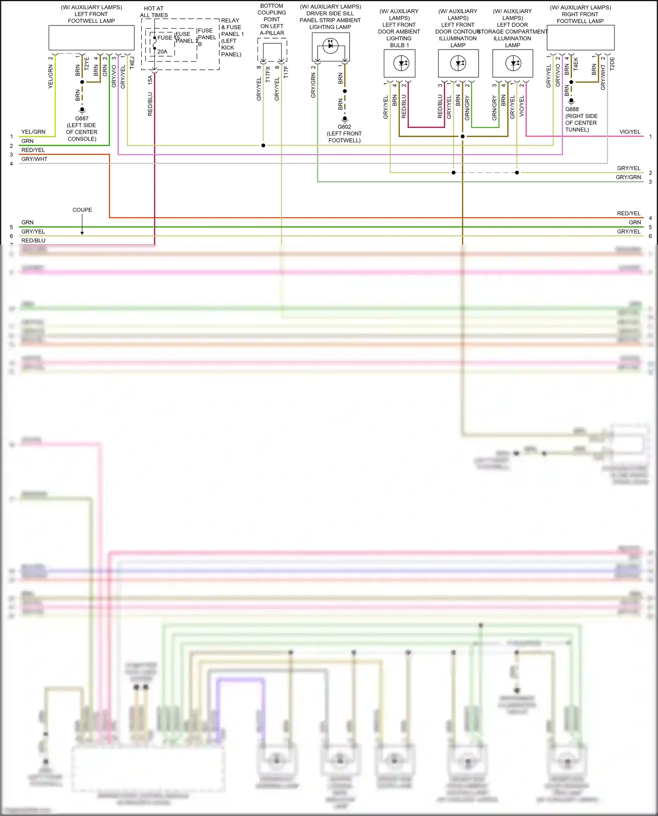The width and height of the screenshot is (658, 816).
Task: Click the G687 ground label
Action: coord(82,118)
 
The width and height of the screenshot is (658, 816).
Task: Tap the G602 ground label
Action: coord(344,127)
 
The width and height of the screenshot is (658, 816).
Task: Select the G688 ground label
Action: coord(572,109)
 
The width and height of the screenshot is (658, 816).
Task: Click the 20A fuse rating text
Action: coord(162,52)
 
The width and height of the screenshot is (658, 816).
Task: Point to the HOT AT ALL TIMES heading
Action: coord(154,12)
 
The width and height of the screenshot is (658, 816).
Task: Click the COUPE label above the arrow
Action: coord(82,210)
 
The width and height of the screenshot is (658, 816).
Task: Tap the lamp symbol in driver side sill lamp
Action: coord(330,45)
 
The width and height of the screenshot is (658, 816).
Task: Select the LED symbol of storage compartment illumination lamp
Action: coord(513,63)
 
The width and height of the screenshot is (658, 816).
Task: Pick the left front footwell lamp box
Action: coord(91,38)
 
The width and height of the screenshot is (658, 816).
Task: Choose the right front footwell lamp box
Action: coord(580,38)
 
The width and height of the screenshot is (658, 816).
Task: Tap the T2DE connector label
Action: coord(612,64)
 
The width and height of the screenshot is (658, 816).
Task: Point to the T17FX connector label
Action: coord(268,72)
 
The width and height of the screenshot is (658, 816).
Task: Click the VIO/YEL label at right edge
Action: coord(629,132)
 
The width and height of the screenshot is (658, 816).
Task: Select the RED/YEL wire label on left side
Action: coord(33,150)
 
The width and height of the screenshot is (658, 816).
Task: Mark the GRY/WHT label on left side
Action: coord(34,159)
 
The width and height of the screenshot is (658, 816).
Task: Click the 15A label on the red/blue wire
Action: coord(150,79)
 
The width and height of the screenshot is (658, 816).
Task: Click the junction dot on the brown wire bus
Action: coord(462,136)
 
